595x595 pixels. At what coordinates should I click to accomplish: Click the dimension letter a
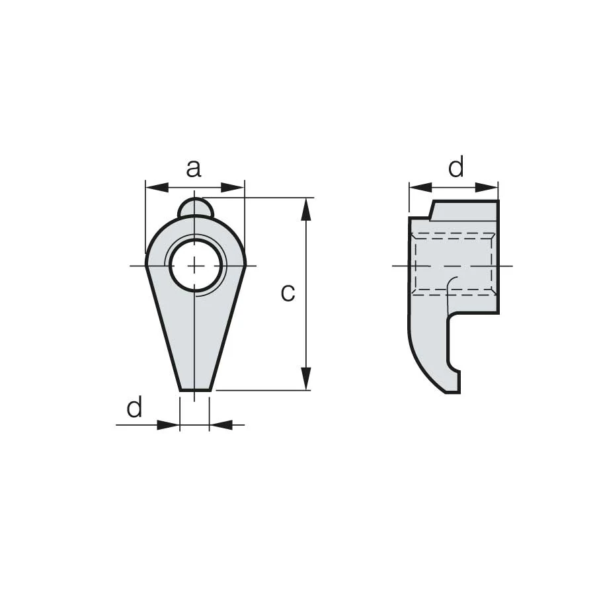[194, 169]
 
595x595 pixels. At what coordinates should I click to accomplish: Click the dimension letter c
[288, 293]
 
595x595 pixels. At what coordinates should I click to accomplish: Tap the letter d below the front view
[134, 407]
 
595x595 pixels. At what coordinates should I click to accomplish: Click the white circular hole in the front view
[196, 266]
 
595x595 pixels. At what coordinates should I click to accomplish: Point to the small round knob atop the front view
[196, 208]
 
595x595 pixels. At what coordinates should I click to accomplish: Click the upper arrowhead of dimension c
[306, 209]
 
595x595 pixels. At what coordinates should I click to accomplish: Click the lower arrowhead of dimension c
[306, 379]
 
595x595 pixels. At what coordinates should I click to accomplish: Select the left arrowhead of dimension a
[157, 187]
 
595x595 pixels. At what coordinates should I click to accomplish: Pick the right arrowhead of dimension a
[233, 187]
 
